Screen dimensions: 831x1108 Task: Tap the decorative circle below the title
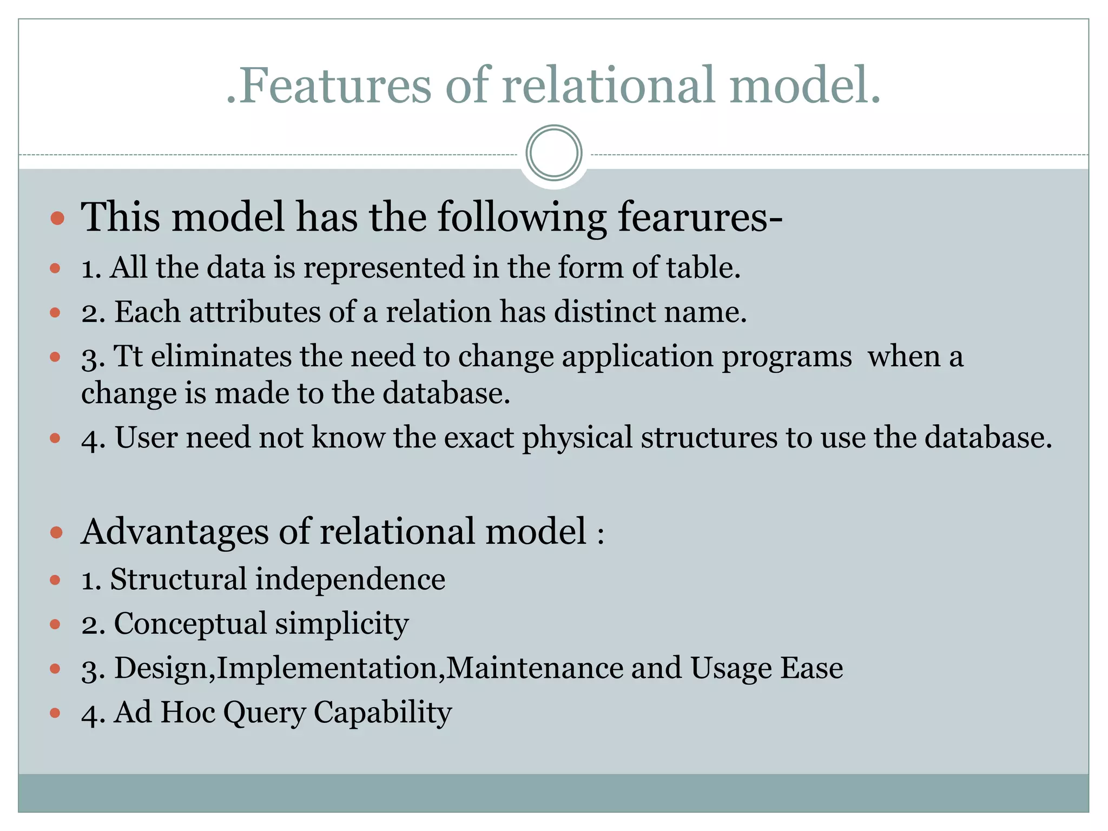point(553,153)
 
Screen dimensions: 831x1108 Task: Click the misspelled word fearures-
point(700,217)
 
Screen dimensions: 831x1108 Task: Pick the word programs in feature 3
point(787,358)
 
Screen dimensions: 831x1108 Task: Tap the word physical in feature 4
point(577,438)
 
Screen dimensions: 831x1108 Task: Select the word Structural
point(178,579)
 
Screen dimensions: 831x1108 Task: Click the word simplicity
point(341,624)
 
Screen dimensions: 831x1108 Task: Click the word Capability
point(382,713)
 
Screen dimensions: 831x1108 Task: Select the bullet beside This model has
point(57,219)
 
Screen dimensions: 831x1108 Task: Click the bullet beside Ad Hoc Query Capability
point(55,713)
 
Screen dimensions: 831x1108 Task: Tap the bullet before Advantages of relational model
point(57,533)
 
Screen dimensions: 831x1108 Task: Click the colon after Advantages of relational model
point(601,536)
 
